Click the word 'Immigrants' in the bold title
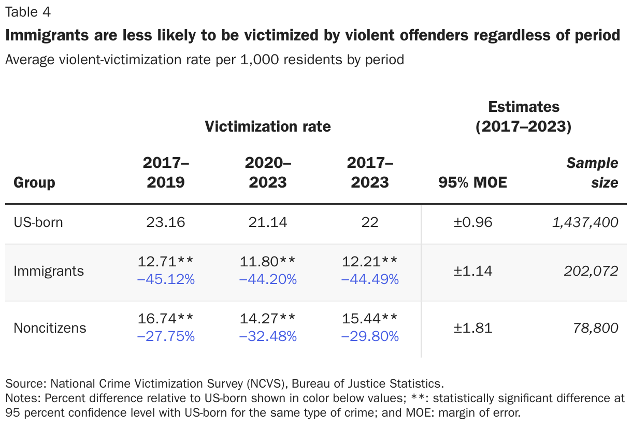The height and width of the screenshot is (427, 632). tap(45, 35)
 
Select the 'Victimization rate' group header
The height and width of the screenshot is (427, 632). tap(267, 126)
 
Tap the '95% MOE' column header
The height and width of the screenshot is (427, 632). tap(472, 182)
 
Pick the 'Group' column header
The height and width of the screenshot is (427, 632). tap(34, 182)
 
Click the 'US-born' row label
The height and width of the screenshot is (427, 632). tap(38, 223)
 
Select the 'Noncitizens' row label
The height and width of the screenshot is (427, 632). tap(50, 328)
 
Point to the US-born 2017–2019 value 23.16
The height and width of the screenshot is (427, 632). tap(166, 223)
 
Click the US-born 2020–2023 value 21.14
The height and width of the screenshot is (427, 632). tap(268, 223)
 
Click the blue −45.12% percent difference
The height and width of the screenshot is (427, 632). tap(166, 280)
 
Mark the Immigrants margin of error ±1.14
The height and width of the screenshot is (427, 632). tap(472, 271)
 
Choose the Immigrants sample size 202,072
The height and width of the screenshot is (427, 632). tap(590, 271)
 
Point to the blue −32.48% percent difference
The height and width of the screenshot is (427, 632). tap(268, 337)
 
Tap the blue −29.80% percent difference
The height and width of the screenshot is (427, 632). tap(370, 337)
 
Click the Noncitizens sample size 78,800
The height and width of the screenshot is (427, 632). tap(596, 328)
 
